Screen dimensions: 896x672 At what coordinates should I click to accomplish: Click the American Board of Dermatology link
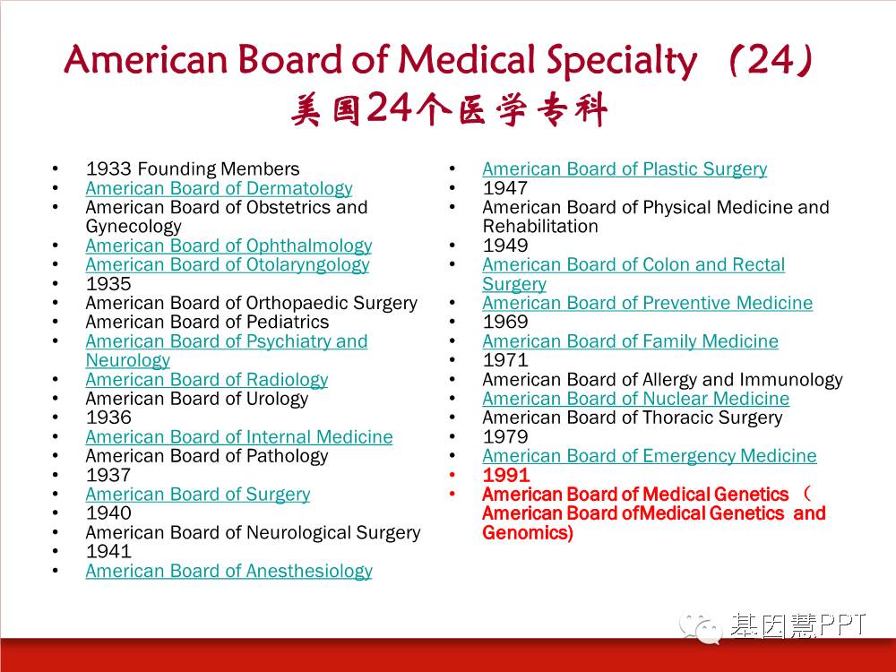click(219, 188)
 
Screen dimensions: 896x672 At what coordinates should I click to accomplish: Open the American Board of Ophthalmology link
click(228, 246)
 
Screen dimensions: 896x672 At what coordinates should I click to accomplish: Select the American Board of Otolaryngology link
click(228, 264)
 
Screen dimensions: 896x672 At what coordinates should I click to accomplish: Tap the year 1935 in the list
click(108, 283)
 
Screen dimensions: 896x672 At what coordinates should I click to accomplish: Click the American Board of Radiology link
click(207, 379)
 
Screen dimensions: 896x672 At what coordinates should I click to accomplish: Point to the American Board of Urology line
click(197, 399)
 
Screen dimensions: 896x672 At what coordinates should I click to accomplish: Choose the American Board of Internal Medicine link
click(239, 436)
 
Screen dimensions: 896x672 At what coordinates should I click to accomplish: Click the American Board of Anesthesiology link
click(229, 571)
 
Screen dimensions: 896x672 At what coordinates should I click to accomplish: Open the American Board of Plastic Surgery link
click(625, 169)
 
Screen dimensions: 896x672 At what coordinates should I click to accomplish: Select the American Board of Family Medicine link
click(630, 341)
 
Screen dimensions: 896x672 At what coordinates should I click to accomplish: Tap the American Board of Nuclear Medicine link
click(636, 399)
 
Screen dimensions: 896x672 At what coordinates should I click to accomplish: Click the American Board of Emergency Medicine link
click(650, 456)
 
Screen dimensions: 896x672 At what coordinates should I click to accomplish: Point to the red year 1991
click(506, 475)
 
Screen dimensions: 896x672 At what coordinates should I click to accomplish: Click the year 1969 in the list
click(505, 322)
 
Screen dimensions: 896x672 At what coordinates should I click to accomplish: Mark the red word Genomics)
click(528, 532)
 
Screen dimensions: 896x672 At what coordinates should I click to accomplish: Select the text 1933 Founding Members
click(193, 169)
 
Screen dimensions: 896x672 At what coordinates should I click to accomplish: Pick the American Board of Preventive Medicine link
click(648, 303)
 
